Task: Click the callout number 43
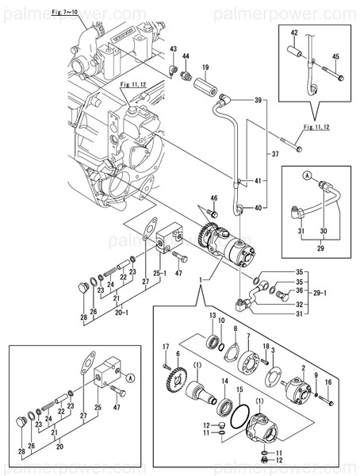172,50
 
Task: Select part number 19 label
205,67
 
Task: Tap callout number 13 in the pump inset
213,316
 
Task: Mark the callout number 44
186,58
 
